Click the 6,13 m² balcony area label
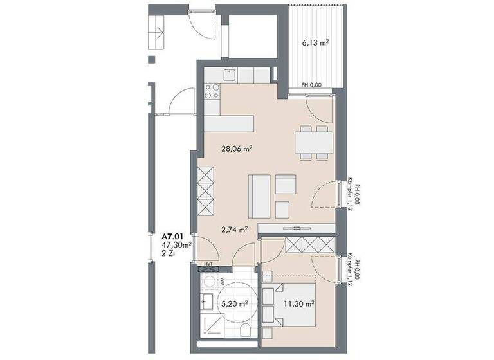tap(316, 43)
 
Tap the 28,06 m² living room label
tap(236, 148)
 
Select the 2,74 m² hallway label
tap(235, 228)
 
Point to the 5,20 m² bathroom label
tap(235, 304)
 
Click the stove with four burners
tap(212, 91)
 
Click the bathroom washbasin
tap(207, 300)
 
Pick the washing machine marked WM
tap(209, 281)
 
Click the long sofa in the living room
tap(258, 196)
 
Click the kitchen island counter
tap(230, 123)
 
